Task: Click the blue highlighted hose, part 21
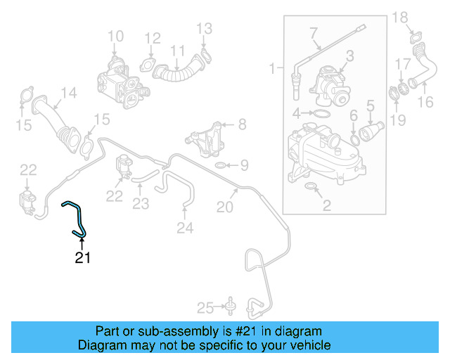point(76,215)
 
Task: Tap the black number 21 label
point(83,258)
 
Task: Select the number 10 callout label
point(115,36)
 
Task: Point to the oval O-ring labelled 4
point(319,113)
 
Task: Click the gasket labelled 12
point(149,65)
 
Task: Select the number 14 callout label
point(68,93)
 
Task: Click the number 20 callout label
point(224,207)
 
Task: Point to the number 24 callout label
point(185,227)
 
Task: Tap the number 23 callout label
point(141,205)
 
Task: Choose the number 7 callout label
point(313,32)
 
